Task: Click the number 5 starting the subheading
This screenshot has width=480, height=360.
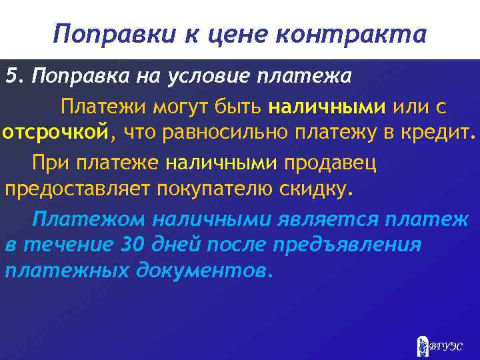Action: [x=11, y=76]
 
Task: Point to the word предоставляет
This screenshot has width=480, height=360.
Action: [x=78, y=188]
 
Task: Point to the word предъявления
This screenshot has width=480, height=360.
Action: [x=347, y=245]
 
